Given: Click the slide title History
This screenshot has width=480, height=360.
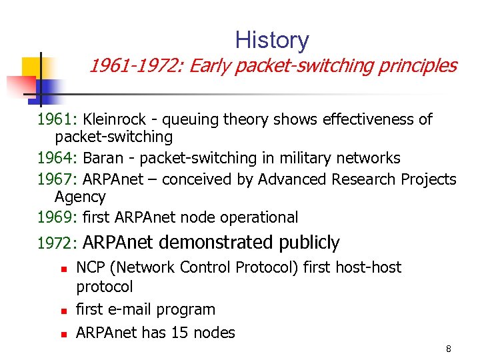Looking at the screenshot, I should [x=271, y=41].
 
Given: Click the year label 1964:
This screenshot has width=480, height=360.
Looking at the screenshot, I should [x=58, y=159].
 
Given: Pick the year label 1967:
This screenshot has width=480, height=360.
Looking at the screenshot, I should [x=58, y=180].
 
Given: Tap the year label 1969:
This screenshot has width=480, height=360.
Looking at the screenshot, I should [x=58, y=217].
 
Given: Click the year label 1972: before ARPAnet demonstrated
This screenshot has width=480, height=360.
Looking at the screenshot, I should [x=58, y=243].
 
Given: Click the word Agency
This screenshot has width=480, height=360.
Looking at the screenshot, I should [x=80, y=197].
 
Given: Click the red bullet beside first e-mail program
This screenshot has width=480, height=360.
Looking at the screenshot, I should [x=61, y=311].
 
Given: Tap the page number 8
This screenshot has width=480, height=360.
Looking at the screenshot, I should [x=449, y=349].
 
